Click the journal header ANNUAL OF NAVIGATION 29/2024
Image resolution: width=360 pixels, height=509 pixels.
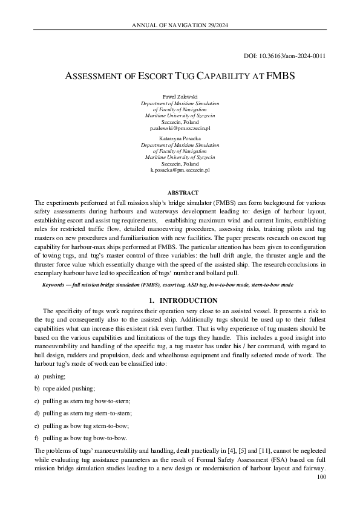(x=180, y=25)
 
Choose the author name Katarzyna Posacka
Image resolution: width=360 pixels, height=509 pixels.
(x=180, y=138)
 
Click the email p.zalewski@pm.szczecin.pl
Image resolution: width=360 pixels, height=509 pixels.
(x=180, y=128)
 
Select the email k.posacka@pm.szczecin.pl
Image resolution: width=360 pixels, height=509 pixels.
(x=180, y=170)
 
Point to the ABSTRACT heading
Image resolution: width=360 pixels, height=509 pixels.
(x=180, y=193)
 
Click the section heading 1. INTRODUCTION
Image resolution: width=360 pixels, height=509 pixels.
(x=180, y=300)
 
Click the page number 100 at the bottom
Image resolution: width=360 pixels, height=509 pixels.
(x=321, y=478)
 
